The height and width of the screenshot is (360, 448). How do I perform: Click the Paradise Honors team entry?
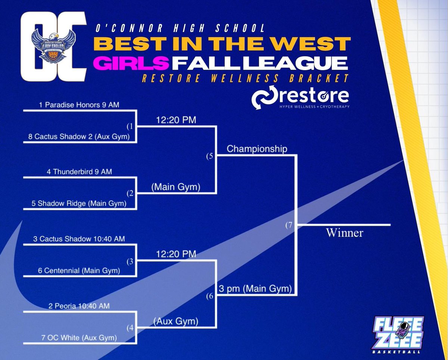click(x=79, y=105)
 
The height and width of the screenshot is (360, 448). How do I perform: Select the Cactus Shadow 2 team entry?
click(x=79, y=137)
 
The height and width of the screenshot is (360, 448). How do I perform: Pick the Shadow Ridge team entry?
click(x=79, y=204)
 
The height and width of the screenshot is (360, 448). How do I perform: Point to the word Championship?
click(x=257, y=149)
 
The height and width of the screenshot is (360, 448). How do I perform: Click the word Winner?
click(x=345, y=233)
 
